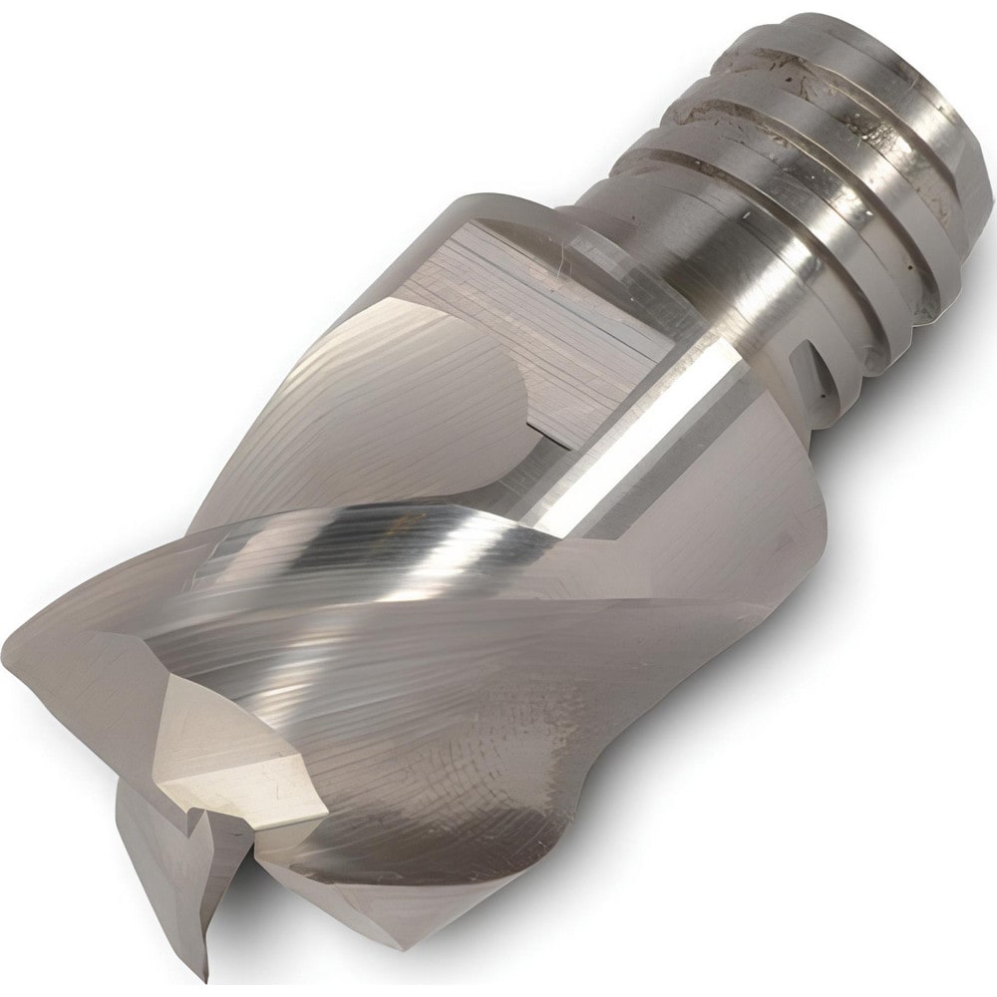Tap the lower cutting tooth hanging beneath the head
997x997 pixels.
169,877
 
